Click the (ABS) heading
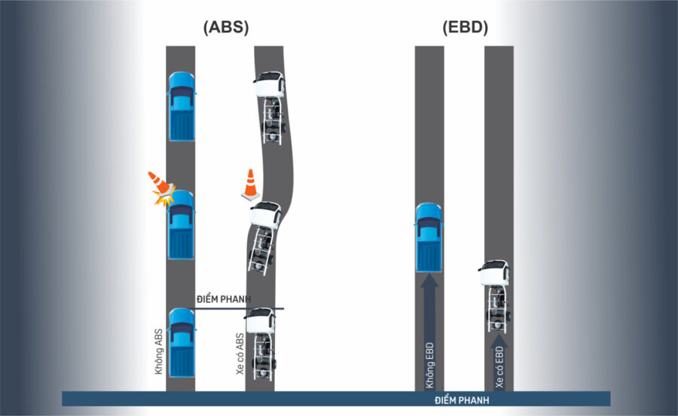(226, 28)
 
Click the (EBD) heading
(465, 28)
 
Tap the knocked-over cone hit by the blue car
(160, 187)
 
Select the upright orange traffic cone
(249, 184)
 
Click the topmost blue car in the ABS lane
(181, 106)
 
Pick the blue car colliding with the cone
(181, 225)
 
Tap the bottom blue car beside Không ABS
(181, 341)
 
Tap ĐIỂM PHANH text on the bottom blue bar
(462, 399)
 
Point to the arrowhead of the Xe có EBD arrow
(498, 341)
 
